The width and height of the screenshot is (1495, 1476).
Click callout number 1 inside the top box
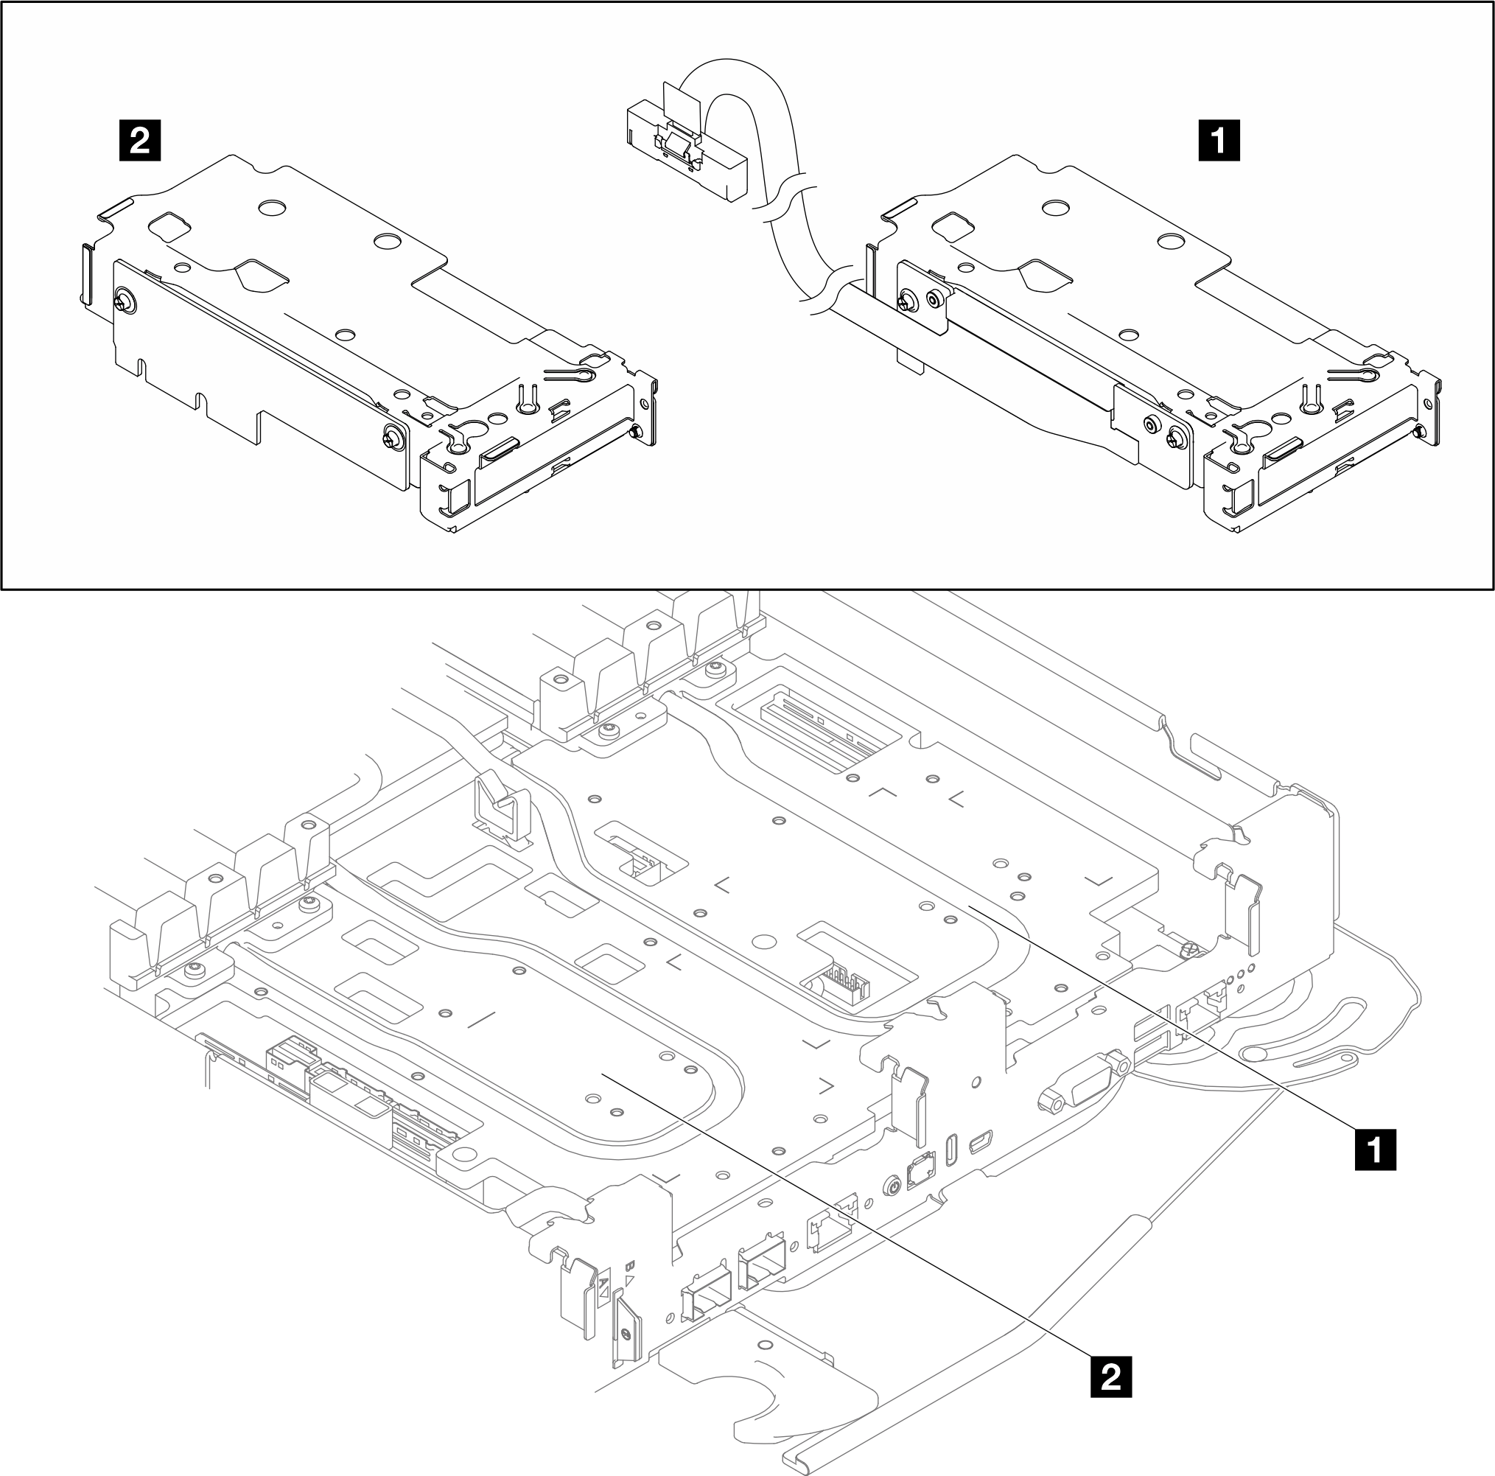click(x=1219, y=141)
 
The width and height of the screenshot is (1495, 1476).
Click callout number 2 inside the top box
click(x=140, y=141)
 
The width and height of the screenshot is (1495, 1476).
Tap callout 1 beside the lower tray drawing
click(x=1375, y=1151)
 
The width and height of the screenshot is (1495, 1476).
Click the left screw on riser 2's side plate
click(x=124, y=301)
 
